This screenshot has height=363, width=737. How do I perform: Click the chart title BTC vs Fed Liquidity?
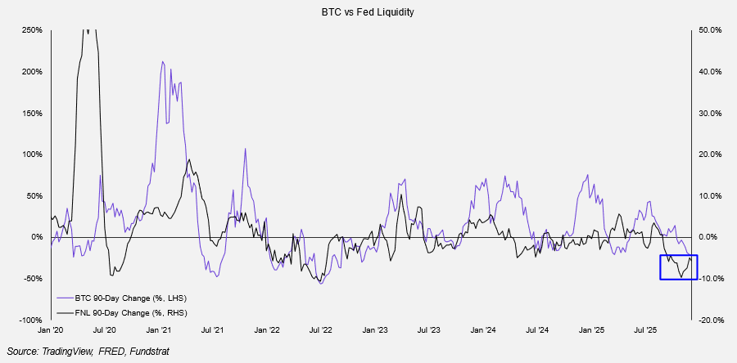[x=368, y=13]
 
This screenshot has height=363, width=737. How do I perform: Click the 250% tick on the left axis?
[x=32, y=30]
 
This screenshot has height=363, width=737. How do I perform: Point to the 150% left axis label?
[x=32, y=113]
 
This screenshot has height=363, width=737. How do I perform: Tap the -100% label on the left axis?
[x=32, y=320]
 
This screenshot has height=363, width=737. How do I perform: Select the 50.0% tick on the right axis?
[x=709, y=30]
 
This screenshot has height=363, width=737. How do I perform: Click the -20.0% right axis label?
[x=709, y=320]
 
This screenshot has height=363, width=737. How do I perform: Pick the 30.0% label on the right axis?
[x=709, y=113]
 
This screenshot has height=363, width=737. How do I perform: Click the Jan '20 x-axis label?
[x=51, y=330]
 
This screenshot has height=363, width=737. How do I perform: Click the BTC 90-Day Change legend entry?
[x=121, y=298]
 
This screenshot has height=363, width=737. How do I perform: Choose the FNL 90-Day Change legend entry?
[x=121, y=312]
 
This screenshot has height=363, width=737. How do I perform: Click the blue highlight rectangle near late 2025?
[x=679, y=267]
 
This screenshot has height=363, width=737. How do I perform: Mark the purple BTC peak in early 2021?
[x=163, y=62]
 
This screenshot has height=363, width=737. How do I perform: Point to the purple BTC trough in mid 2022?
[x=321, y=283]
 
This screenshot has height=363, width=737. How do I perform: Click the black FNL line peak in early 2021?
[x=188, y=160]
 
